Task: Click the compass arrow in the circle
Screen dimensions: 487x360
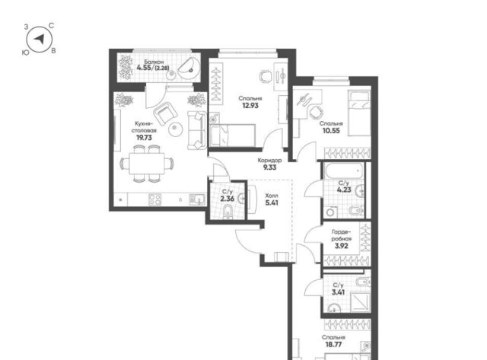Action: (x=40, y=39)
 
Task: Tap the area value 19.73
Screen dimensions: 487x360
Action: (x=144, y=137)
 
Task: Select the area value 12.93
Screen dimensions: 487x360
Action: (x=250, y=105)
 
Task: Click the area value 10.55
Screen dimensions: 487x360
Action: (x=331, y=130)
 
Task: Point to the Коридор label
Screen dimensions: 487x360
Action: (x=269, y=161)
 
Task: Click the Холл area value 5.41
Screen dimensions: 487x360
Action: (x=272, y=202)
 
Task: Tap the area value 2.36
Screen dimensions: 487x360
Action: (x=227, y=199)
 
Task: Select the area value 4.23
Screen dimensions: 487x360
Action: (x=344, y=190)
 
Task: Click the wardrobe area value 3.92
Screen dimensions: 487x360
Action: (x=342, y=246)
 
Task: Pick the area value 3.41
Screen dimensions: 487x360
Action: (x=338, y=292)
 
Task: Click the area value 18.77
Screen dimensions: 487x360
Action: (x=333, y=344)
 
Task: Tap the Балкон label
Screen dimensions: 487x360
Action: (x=154, y=62)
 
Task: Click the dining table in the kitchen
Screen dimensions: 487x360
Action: (x=147, y=164)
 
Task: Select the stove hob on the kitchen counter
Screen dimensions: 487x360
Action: (x=155, y=199)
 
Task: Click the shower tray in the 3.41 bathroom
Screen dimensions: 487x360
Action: (x=360, y=302)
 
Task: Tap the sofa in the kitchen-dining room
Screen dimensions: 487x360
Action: (x=197, y=130)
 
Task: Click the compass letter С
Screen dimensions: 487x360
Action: (x=52, y=26)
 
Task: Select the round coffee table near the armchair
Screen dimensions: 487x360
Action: (x=175, y=129)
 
